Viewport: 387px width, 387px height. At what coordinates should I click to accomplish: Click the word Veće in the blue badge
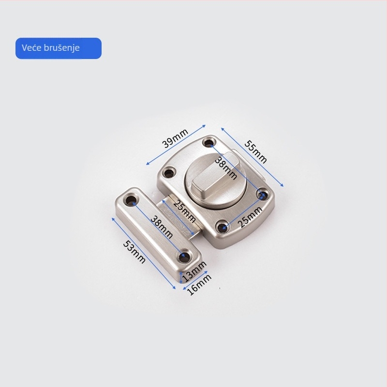pyautogui.click(x=31, y=47)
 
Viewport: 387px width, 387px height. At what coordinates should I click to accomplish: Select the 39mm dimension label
pyautogui.click(x=175, y=138)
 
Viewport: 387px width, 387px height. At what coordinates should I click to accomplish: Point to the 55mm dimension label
pyautogui.click(x=256, y=152)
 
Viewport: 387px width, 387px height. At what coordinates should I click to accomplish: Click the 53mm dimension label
pyautogui.click(x=134, y=252)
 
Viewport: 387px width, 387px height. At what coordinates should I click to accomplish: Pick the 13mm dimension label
pyautogui.click(x=194, y=271)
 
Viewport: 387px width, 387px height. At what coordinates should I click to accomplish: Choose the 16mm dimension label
pyautogui.click(x=199, y=284)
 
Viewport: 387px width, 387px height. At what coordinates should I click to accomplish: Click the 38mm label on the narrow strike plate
pyautogui.click(x=162, y=227)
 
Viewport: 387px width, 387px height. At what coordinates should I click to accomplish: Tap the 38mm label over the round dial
pyautogui.click(x=226, y=168)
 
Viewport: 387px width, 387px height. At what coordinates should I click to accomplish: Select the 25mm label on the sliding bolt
pyautogui.click(x=185, y=211)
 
